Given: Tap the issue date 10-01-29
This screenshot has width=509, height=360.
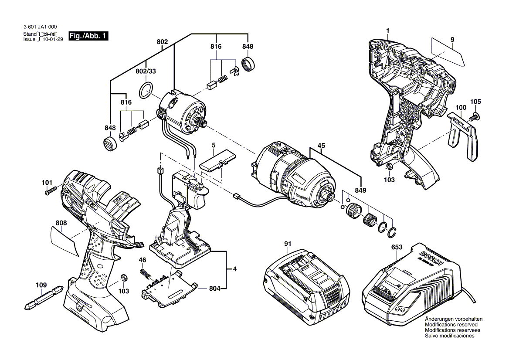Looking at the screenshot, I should (x=53, y=39).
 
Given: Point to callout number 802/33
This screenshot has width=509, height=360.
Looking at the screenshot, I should (x=146, y=71).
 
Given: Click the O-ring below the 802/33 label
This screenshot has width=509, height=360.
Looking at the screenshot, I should (x=146, y=90).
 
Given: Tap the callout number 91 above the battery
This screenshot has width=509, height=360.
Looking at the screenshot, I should (x=288, y=244).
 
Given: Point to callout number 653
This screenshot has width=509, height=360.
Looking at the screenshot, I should (x=397, y=247).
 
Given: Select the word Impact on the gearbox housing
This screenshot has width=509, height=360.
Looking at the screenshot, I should (x=302, y=197).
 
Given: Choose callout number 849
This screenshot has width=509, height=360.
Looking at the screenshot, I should (x=360, y=190).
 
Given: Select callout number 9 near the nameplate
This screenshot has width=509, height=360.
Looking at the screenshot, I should (x=452, y=40).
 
